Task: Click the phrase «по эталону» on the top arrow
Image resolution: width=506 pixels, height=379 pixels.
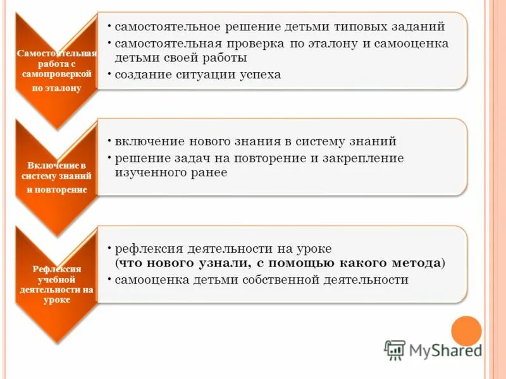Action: point(57,88)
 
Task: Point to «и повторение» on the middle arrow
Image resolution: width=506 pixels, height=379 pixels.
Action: point(57,189)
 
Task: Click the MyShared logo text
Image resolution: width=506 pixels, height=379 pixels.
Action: point(445,350)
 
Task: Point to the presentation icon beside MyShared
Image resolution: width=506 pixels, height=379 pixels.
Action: point(395,349)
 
